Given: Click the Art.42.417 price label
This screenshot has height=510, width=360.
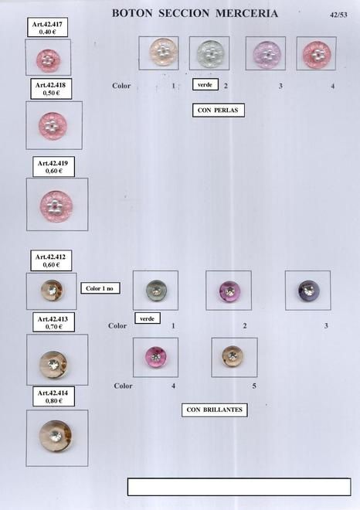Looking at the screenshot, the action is click(x=47, y=27).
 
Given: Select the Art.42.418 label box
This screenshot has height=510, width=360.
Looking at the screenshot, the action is click(x=51, y=89).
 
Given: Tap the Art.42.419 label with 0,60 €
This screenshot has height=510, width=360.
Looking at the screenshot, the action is click(x=53, y=167).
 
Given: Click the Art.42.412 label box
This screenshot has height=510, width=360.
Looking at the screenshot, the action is click(x=51, y=260).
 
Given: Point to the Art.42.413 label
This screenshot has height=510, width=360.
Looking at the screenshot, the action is click(x=53, y=322).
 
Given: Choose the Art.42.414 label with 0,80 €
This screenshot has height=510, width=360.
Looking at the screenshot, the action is click(x=53, y=396).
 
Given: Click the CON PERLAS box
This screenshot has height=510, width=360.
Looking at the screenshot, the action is click(x=218, y=110).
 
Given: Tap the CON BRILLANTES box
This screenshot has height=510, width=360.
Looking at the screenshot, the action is click(x=214, y=410).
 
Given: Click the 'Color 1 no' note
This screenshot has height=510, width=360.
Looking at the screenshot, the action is click(x=100, y=288).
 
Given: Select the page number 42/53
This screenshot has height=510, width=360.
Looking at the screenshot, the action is click(x=338, y=15).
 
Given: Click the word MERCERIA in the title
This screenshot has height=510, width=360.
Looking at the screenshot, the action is click(x=246, y=13).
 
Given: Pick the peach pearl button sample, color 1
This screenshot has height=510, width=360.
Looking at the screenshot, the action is click(x=163, y=53).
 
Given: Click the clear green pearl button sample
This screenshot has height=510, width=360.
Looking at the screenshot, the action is click(x=210, y=53).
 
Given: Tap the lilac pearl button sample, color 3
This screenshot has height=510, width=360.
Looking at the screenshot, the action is click(x=267, y=54).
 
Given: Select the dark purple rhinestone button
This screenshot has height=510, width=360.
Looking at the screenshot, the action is click(x=309, y=291).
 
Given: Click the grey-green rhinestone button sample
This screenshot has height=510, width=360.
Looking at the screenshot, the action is click(x=156, y=291).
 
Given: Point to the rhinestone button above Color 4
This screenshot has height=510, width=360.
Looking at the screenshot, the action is click(x=156, y=357).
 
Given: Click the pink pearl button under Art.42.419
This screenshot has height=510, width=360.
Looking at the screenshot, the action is click(x=56, y=206).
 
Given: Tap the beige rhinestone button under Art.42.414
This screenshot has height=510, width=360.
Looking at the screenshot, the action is click(x=56, y=436).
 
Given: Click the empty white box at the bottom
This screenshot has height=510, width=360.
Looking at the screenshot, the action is click(x=239, y=487).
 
